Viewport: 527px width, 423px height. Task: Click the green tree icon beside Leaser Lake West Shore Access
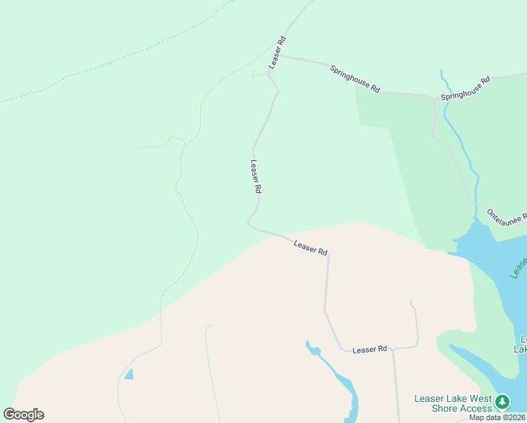pos(502,403)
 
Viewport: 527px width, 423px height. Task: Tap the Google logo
pos(23,415)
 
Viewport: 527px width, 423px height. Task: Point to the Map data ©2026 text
pos(497,417)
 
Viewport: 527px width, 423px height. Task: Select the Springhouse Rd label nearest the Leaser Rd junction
pos(355,78)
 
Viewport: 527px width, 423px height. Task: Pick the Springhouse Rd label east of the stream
pos(465,88)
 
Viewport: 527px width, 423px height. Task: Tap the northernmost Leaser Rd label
pos(276,52)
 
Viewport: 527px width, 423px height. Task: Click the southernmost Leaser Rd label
pos(370,349)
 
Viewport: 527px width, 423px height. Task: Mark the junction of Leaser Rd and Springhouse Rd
pos(280,56)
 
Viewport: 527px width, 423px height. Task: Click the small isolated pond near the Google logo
pos(129,374)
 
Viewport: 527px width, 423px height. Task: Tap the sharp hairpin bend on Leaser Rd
pos(249,222)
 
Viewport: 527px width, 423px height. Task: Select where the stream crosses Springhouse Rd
pos(445,97)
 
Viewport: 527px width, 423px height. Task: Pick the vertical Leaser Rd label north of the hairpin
pos(256,176)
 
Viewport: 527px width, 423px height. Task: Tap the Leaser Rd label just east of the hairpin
pos(311,247)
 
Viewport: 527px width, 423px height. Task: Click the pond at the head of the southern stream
pos(313,350)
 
